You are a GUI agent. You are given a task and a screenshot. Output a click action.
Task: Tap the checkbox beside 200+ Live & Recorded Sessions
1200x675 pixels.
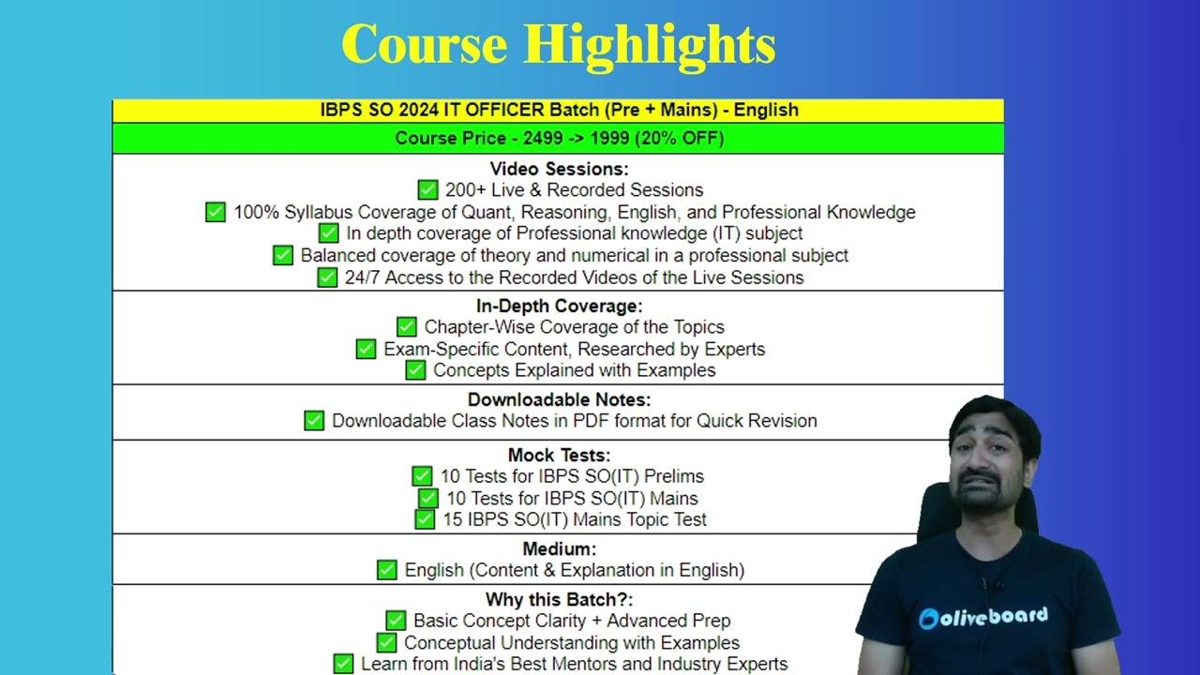(x=427, y=189)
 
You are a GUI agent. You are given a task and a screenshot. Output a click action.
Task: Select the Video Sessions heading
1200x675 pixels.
(x=559, y=169)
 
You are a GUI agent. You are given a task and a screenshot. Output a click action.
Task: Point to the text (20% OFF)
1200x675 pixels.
(x=680, y=138)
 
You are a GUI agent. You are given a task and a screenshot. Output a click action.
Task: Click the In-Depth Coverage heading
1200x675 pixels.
(x=559, y=306)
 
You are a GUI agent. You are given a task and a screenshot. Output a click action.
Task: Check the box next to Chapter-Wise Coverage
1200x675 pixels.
(x=407, y=326)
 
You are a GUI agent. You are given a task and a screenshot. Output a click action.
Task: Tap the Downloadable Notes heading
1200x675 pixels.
(x=559, y=399)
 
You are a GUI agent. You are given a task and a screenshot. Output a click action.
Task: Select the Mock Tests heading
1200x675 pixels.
(x=559, y=456)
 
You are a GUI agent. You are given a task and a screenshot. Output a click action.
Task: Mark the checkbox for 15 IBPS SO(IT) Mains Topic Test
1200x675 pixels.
(x=425, y=519)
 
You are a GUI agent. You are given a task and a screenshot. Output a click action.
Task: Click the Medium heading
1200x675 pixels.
(x=559, y=548)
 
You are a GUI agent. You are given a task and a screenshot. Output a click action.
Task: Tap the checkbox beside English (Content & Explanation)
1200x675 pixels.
(x=387, y=569)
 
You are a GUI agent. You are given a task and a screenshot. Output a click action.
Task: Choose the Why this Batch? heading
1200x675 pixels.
(x=559, y=599)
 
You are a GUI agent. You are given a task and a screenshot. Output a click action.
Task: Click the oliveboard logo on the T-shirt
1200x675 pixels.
(x=983, y=618)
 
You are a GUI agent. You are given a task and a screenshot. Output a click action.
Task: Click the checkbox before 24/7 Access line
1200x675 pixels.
(x=327, y=277)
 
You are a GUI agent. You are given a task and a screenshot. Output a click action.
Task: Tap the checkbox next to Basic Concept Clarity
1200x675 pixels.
(x=396, y=621)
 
